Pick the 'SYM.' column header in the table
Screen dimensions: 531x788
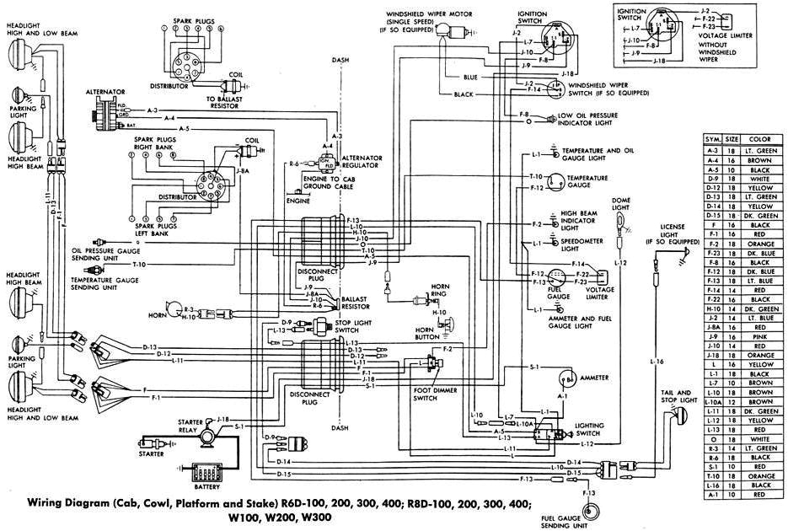(712, 139)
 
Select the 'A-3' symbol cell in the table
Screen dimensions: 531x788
(712, 149)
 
